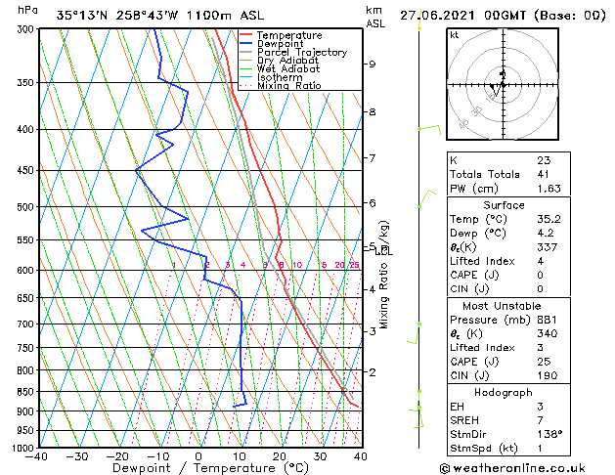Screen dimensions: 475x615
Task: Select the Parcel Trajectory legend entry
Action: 301,53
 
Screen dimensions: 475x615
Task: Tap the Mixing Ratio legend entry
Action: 288,86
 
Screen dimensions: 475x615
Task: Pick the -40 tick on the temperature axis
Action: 37,456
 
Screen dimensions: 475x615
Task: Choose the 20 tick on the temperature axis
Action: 280,456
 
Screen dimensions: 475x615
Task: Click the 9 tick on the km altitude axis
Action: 372,65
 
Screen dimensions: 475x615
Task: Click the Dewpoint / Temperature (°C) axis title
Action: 198,468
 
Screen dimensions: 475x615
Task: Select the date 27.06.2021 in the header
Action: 439,15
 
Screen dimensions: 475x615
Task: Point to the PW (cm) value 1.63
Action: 549,189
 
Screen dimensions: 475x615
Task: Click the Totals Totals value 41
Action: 543,174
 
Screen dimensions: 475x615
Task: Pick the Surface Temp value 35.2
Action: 548,219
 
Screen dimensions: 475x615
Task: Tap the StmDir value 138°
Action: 548,435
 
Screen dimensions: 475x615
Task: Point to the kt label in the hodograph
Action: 454,34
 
